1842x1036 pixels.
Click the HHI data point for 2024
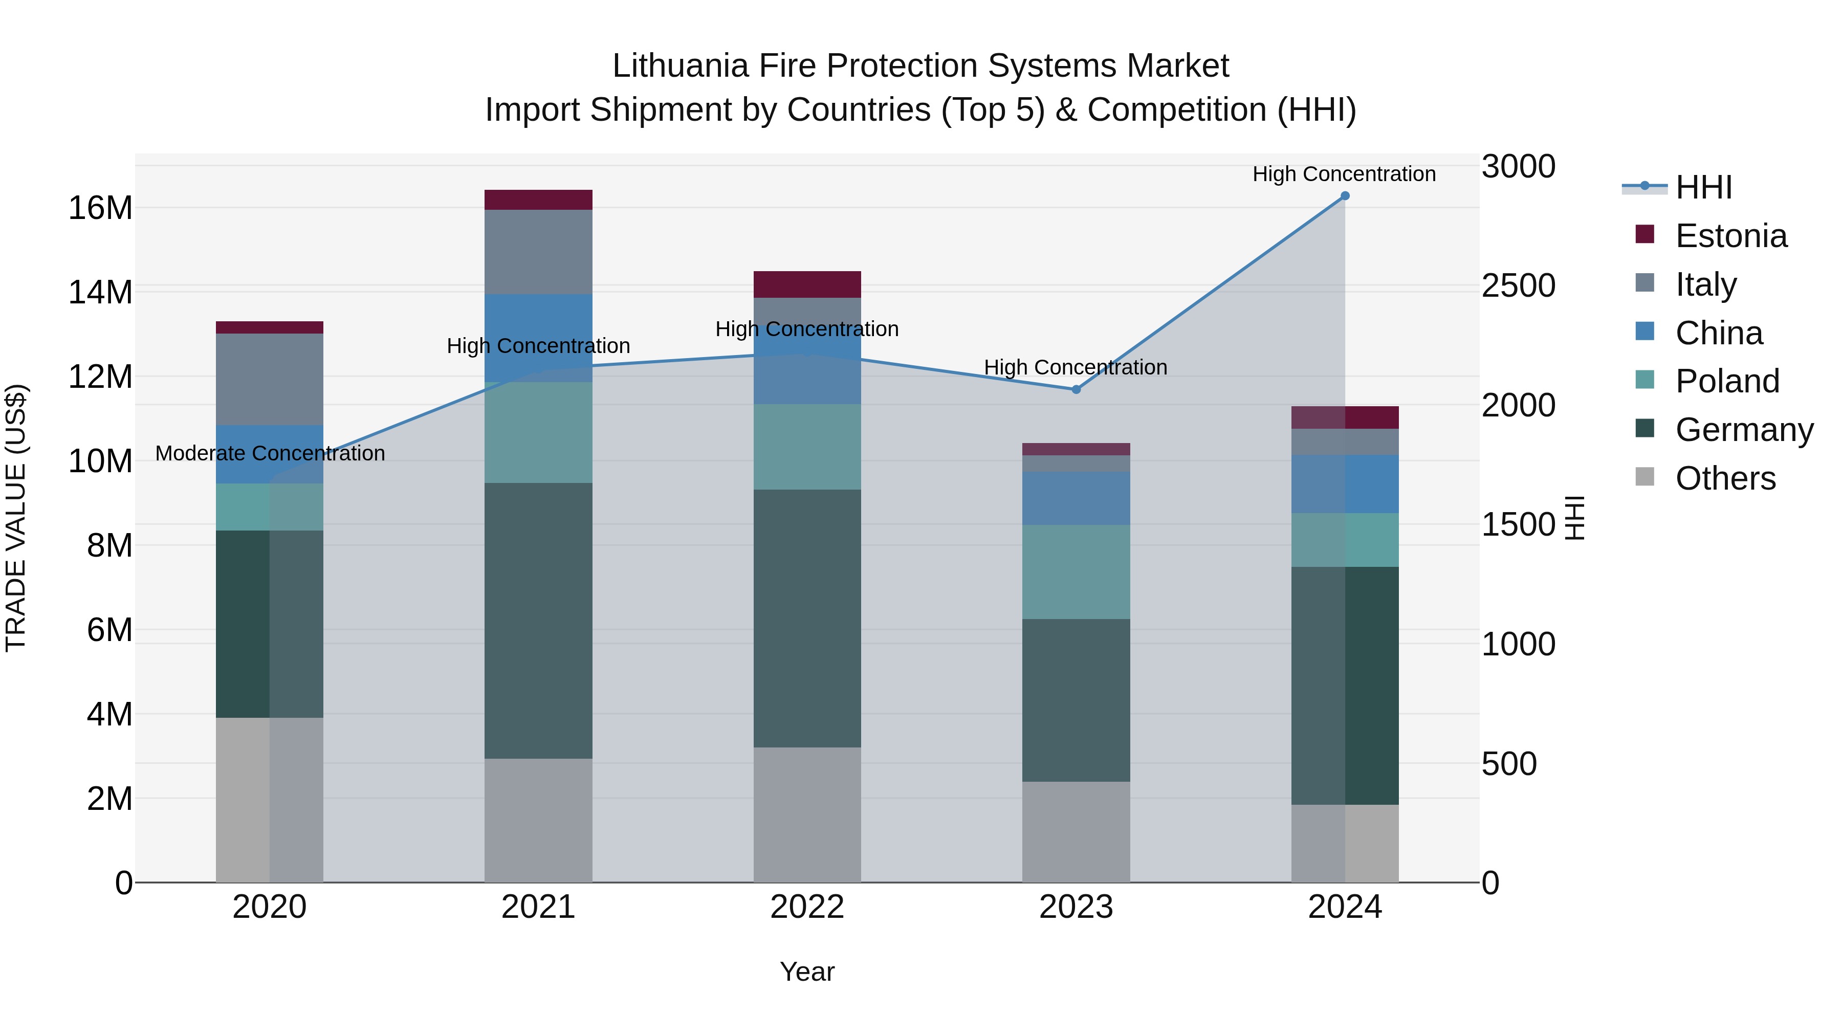1344,196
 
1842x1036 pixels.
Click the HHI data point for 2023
1076,390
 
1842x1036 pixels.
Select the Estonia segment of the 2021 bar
538,200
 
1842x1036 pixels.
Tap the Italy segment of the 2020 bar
270,380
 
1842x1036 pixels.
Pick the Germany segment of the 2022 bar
807,619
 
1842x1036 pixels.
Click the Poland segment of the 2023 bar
1076,572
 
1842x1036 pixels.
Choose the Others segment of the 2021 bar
538,820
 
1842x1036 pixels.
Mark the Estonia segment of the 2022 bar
807,284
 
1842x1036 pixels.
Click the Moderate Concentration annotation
270,453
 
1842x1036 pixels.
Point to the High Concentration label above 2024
1344,174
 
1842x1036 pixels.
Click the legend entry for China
1718,333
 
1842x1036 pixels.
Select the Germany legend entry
1743,430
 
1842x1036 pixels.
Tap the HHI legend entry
1703,187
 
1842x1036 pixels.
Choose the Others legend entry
1725,478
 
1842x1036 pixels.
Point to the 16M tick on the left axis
100,208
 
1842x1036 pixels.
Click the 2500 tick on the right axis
1518,286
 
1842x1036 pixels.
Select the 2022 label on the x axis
807,907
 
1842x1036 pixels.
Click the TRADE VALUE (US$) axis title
16,518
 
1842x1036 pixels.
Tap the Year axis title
807,972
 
